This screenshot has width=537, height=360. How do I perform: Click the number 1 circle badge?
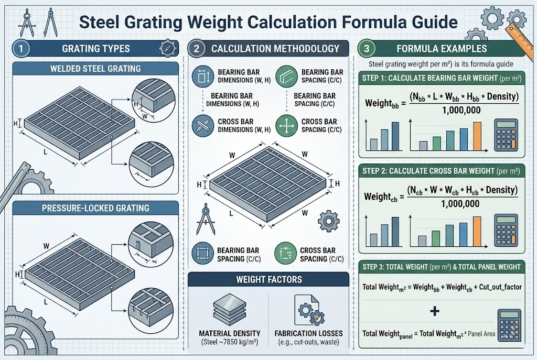(x=19, y=49)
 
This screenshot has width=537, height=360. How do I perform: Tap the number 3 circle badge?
(x=367, y=49)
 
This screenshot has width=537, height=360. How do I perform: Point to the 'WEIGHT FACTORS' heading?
(x=268, y=279)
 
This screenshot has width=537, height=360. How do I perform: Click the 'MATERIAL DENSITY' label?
(x=230, y=333)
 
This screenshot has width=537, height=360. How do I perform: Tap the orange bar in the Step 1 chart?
(x=477, y=135)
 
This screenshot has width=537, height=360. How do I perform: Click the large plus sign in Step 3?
(x=434, y=311)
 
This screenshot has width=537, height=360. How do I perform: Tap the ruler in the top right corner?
(x=522, y=24)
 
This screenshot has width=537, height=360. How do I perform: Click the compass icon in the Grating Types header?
(x=167, y=49)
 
